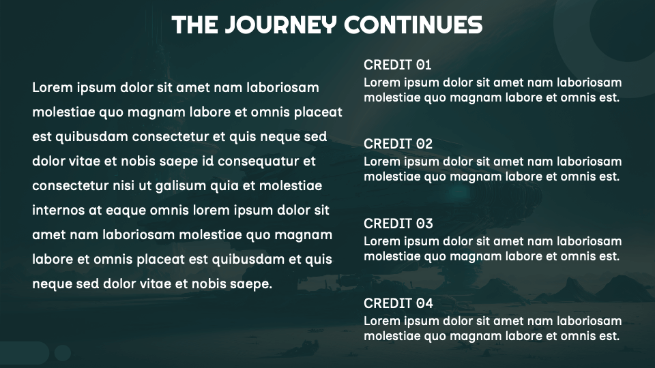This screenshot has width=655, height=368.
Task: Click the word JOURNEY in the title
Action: pos(280,25)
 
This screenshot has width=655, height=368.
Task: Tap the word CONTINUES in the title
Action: pos(413,25)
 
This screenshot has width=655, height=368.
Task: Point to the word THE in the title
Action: pos(194,25)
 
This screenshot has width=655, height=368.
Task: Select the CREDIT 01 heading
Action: pos(397,65)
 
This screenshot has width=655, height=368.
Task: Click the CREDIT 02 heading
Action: pos(398,144)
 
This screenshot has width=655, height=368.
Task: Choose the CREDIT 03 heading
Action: pos(398,224)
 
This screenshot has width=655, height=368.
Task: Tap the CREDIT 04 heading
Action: pos(398,303)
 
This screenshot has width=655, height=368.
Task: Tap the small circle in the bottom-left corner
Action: pos(63,353)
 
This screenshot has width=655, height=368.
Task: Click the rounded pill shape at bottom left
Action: pos(25,353)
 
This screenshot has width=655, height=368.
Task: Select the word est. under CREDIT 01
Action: pos(609,97)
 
